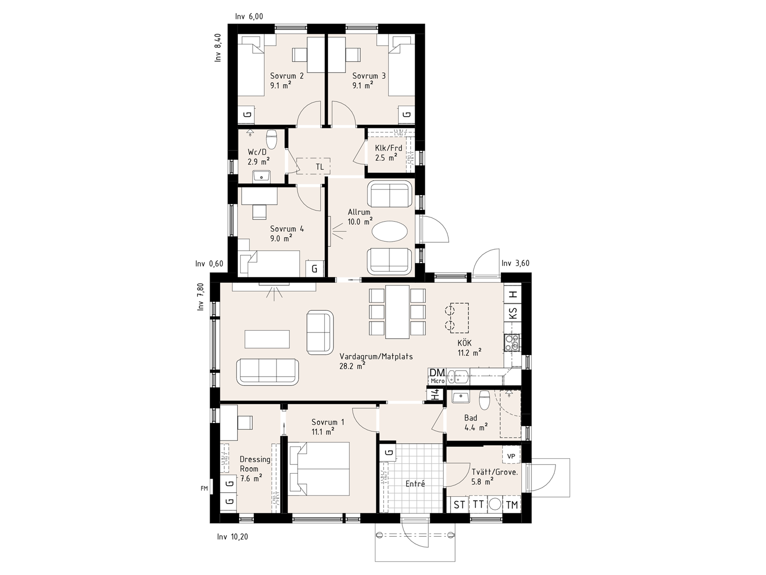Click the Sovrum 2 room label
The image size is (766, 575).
287,76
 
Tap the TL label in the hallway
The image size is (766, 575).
320,167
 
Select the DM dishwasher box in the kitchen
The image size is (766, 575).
437,372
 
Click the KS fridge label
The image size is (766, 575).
513,313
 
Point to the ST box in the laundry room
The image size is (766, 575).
459,504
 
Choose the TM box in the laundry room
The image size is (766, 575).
512,504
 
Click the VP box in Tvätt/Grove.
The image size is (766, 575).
511,456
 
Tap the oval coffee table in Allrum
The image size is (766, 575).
390,233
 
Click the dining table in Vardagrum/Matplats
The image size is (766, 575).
397,312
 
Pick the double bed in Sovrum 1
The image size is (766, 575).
319,469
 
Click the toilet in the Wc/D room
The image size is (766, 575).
272,138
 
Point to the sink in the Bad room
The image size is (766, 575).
460,398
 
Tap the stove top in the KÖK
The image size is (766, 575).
512,343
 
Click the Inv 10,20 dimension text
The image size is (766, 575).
232,536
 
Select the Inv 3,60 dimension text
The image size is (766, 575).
516,263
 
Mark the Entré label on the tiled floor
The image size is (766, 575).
415,484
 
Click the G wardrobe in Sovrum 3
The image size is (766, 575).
407,115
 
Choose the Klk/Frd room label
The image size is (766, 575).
389,148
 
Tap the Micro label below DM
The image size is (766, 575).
437,381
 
